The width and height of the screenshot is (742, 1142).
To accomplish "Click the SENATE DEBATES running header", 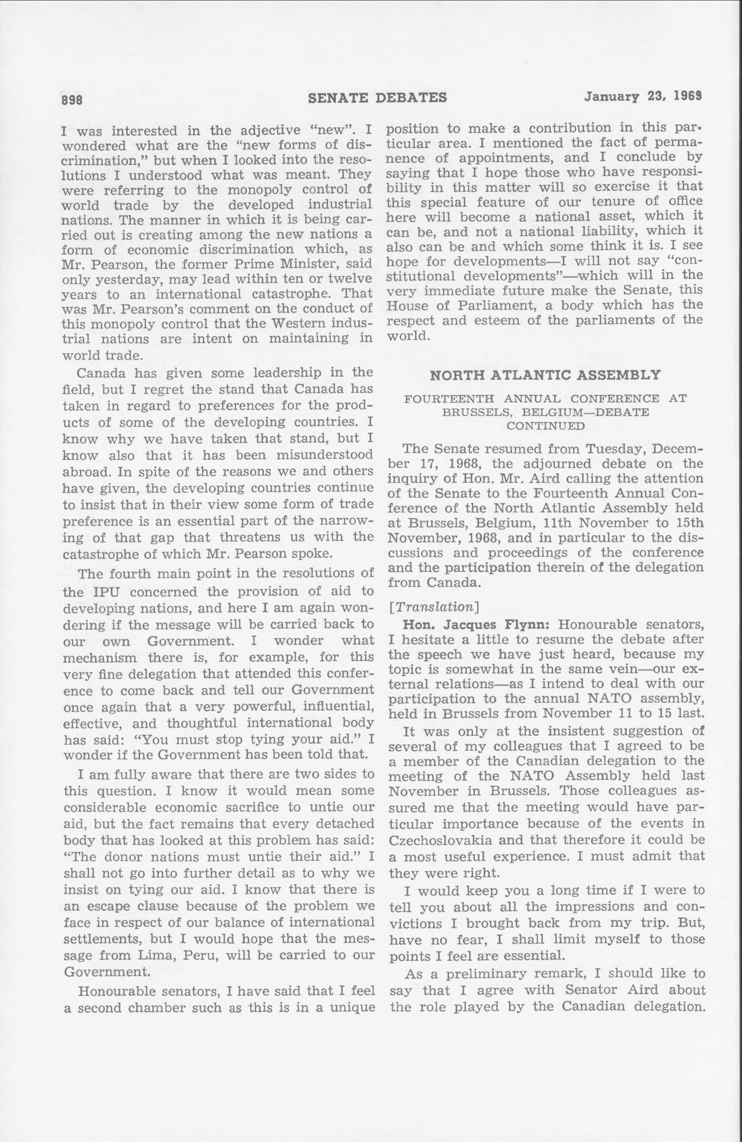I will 377,98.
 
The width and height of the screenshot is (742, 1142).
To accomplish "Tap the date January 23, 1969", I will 643,97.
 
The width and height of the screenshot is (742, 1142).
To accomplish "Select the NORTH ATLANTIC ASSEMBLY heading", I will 545,375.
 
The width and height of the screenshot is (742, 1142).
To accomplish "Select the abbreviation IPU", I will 93,592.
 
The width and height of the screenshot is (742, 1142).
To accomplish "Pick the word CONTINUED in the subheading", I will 546,426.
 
